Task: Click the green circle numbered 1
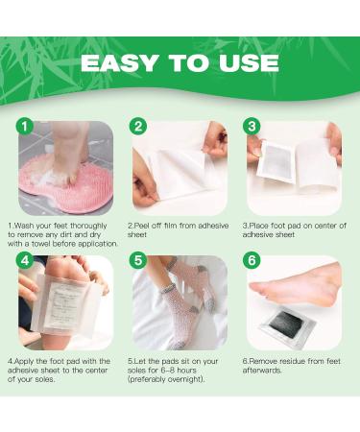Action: (x=23, y=126)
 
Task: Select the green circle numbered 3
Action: (x=252, y=126)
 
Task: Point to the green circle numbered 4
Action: (x=23, y=261)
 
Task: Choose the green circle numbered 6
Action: (x=252, y=261)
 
